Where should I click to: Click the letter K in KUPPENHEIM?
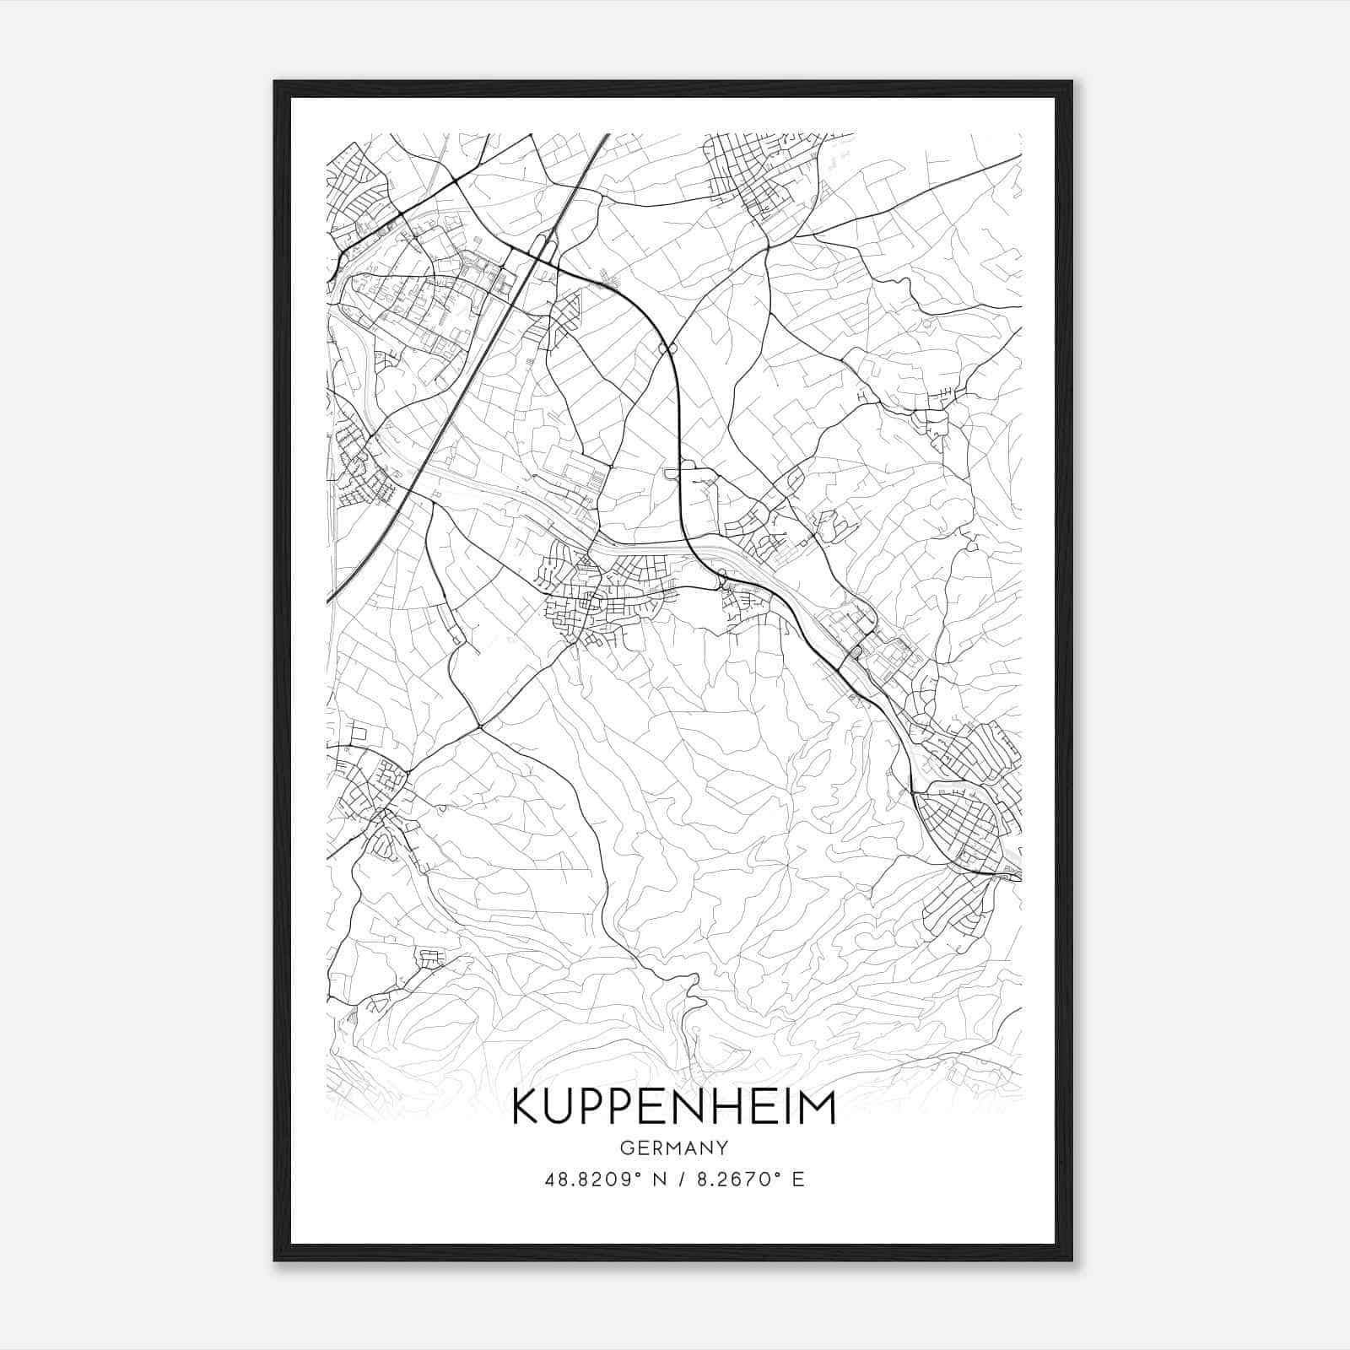tap(527, 1108)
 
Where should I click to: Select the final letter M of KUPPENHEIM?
tap(816, 1108)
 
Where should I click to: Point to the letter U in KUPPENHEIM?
tap(568, 1108)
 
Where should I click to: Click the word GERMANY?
tap(673, 1148)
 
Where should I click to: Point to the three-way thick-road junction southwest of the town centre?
tap(478, 725)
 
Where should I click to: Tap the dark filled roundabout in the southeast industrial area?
tap(856, 651)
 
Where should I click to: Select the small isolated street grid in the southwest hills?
tap(431, 958)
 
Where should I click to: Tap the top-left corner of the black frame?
tap(275, 82)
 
